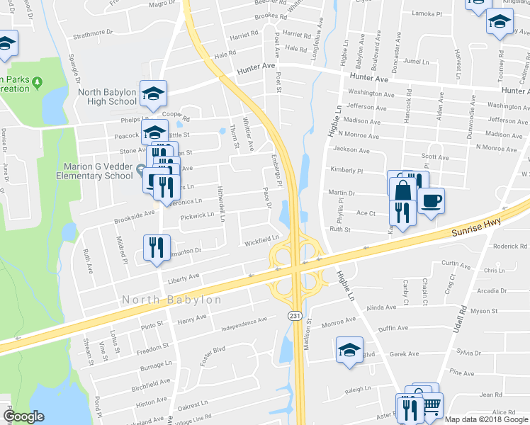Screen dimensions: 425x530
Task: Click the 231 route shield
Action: pos(293,314)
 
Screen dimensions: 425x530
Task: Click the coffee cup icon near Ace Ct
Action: pos(431,200)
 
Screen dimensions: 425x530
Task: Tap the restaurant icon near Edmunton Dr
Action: pos(157,247)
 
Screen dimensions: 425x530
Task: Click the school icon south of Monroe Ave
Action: pos(349,351)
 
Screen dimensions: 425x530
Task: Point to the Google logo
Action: pos(24,416)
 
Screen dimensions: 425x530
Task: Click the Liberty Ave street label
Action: pos(184,279)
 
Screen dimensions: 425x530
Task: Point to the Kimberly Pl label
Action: pos(346,171)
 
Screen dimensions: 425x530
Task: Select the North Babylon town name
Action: pos(171,300)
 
